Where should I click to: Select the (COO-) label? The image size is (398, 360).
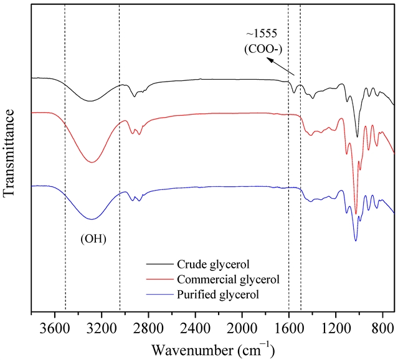261,47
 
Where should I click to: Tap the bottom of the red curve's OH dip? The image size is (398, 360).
92,163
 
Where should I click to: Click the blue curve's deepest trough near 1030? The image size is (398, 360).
356,240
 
